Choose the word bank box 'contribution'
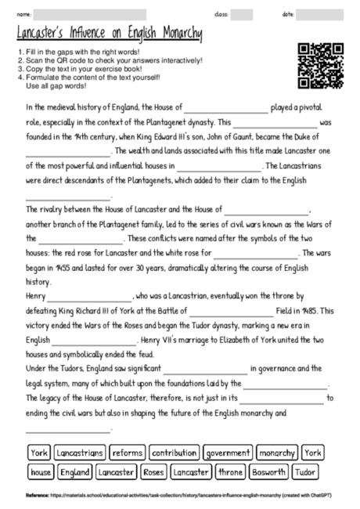point(174,453)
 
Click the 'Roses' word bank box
point(154,472)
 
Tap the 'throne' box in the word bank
point(231,472)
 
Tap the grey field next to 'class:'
point(241,15)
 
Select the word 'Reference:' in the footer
point(37,496)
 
